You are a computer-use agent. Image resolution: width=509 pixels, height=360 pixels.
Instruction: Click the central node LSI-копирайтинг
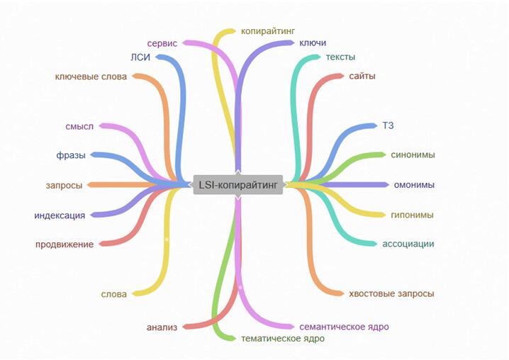[237, 184]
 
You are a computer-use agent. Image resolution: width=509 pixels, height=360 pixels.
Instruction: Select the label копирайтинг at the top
[267, 31]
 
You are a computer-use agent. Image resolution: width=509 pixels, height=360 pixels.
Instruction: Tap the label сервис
[162, 43]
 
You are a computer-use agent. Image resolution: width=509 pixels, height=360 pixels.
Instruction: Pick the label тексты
[340, 57]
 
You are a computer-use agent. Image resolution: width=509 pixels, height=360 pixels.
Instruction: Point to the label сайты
[362, 75]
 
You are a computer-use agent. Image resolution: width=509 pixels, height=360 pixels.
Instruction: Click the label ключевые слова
[91, 76]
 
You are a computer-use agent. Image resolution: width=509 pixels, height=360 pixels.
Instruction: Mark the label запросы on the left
[64, 185]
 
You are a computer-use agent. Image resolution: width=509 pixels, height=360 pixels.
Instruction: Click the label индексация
[60, 215]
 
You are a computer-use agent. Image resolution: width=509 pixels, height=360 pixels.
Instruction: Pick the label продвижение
[64, 244]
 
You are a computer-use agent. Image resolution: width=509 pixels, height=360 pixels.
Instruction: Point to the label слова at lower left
[113, 293]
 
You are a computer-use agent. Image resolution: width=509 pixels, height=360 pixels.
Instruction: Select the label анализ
[162, 327]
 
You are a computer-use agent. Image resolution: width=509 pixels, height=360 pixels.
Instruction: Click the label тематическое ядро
[283, 339]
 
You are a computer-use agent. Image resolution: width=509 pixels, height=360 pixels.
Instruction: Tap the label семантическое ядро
[344, 327]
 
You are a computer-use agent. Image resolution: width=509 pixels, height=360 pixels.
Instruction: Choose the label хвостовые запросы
[391, 293]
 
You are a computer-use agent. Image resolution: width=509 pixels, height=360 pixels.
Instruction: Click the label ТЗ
[388, 126]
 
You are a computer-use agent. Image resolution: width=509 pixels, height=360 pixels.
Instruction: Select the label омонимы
[414, 185]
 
